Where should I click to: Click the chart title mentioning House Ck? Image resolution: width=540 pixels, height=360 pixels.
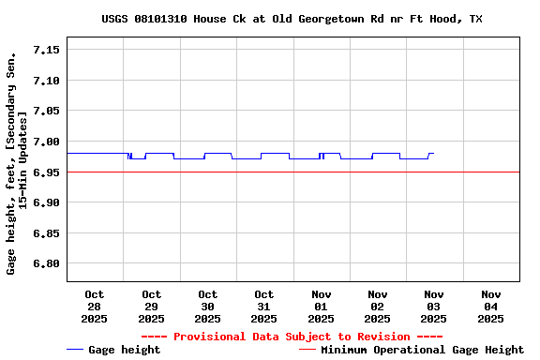[292, 19]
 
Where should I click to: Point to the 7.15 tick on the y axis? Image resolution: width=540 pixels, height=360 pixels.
[46, 50]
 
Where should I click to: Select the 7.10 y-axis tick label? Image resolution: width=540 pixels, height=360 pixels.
[46, 81]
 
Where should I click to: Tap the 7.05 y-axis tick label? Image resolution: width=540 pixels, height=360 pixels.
[46, 111]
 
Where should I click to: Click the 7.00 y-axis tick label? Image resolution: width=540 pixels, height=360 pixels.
[46, 142]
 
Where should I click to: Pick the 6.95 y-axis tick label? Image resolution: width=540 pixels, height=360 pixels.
[46, 172]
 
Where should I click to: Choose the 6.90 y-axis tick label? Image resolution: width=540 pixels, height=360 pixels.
[46, 202]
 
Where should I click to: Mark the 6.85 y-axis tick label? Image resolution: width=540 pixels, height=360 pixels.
[46, 232]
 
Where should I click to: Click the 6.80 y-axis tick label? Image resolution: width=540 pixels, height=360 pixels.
[46, 263]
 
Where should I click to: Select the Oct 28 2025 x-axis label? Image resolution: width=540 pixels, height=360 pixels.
[95, 307]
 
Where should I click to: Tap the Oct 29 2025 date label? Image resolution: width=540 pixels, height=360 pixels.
[151, 307]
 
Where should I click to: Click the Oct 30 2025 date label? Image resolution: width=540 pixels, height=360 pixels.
[208, 307]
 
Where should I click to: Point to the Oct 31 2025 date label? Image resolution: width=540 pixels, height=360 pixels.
[264, 307]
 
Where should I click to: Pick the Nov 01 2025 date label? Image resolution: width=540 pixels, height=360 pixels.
[321, 307]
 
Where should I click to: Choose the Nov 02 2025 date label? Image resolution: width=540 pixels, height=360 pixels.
[378, 307]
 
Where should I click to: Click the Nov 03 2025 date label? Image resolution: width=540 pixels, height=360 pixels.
[434, 307]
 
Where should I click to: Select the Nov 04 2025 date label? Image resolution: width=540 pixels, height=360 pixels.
[490, 307]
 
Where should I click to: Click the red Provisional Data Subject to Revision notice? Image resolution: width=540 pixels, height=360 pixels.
[292, 337]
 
